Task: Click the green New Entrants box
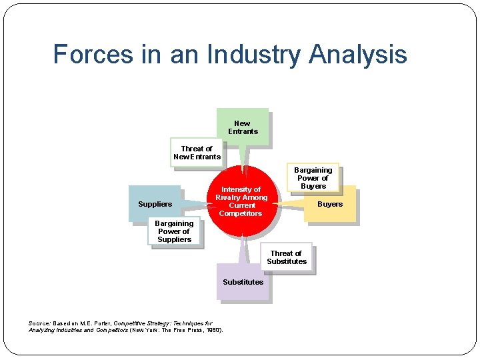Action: tap(242, 127)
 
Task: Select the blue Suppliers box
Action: tap(154, 203)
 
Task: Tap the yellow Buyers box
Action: tap(330, 204)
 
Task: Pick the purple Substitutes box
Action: tap(243, 282)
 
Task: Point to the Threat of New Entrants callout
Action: tap(197, 153)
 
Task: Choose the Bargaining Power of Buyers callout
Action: tap(313, 178)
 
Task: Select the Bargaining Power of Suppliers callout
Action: tap(174, 231)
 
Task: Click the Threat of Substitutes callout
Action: tap(287, 257)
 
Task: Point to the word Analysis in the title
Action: tap(358, 54)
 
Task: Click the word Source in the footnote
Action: tap(39, 323)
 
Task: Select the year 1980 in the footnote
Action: tap(213, 330)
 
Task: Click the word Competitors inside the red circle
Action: tap(241, 213)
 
